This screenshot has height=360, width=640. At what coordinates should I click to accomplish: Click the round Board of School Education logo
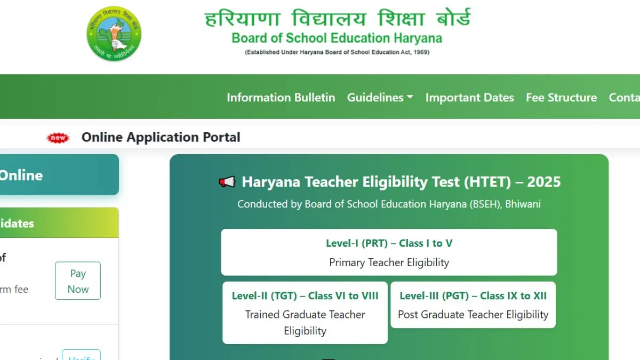(x=114, y=34)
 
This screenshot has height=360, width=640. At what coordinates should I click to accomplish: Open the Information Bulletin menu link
(x=281, y=98)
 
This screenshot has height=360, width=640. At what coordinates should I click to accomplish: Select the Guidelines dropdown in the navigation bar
(x=375, y=98)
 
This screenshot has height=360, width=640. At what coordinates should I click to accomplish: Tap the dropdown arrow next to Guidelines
(x=410, y=98)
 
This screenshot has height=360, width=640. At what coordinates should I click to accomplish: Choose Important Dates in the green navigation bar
(x=469, y=98)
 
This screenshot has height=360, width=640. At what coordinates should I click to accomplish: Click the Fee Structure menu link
(x=561, y=98)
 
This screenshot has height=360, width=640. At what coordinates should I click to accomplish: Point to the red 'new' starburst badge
(x=58, y=138)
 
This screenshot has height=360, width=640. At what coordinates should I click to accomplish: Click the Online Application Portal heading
(x=161, y=137)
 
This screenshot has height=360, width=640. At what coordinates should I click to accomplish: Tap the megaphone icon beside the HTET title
(x=227, y=182)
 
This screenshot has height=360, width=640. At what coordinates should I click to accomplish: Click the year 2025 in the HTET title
(x=543, y=182)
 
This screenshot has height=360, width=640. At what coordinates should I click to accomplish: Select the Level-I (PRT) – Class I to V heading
(x=389, y=243)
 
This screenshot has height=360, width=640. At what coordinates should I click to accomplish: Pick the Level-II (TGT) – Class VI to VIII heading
(x=305, y=295)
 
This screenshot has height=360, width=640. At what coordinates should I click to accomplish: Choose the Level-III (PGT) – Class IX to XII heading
(x=473, y=295)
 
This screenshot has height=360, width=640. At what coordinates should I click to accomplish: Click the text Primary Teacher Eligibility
(x=389, y=262)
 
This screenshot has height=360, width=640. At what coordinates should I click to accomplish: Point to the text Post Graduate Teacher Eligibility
(x=473, y=315)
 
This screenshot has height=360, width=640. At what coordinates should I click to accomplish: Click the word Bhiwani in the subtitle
(x=523, y=204)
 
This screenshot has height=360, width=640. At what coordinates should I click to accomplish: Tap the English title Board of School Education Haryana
(x=337, y=38)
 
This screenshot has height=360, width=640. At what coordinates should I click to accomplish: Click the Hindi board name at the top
(x=338, y=19)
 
